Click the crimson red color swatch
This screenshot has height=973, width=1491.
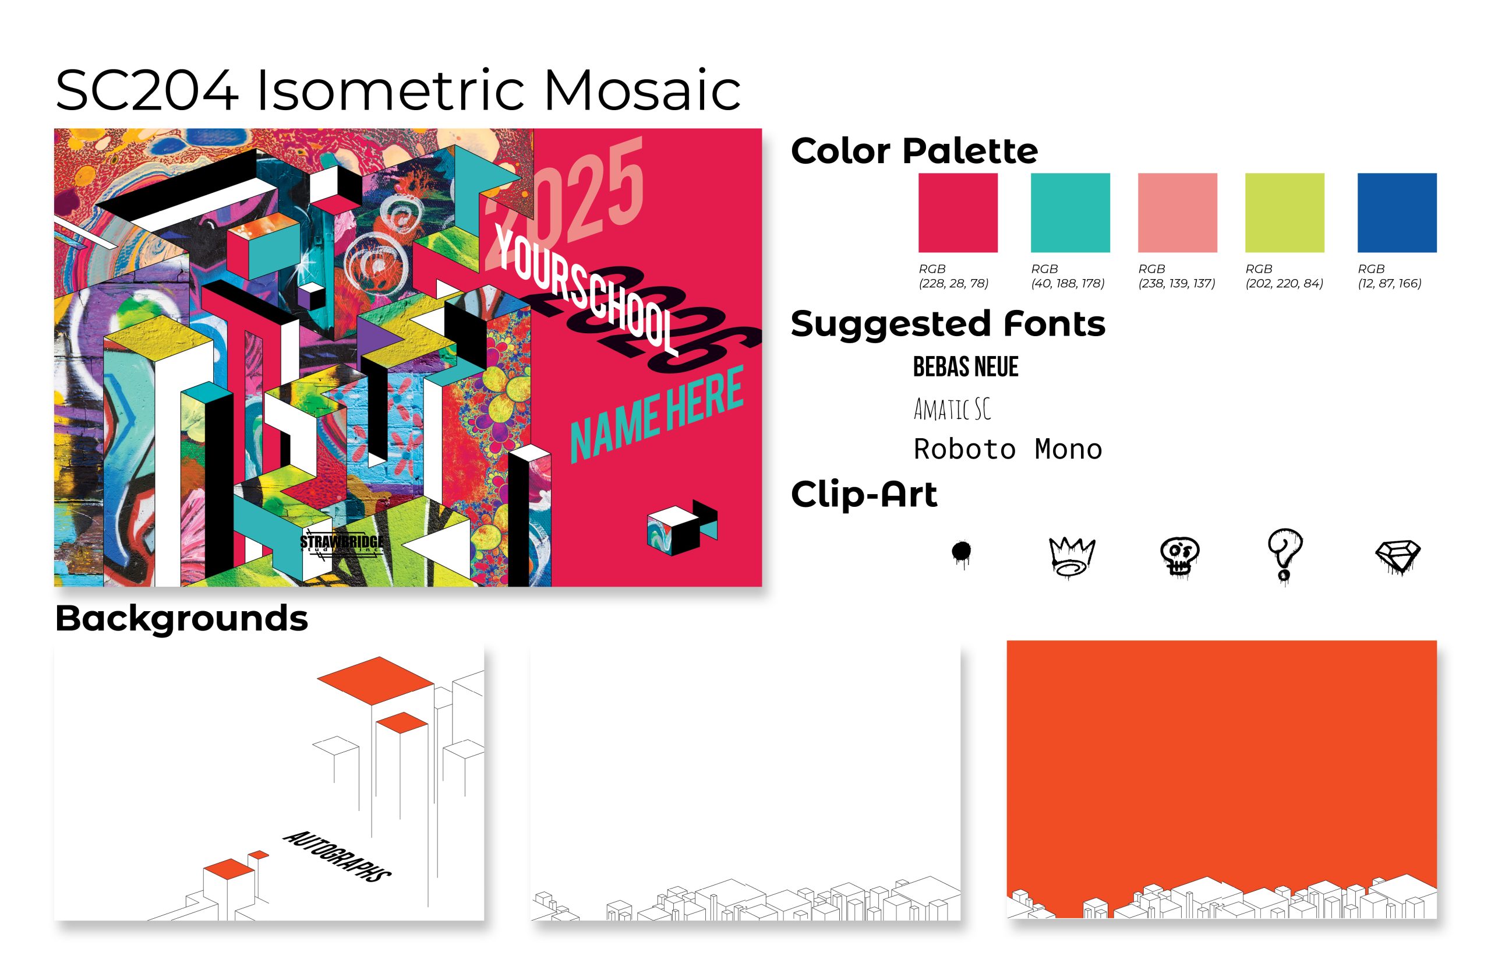coord(958,213)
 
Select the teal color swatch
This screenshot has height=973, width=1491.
coord(1070,213)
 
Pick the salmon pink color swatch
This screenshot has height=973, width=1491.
coord(1177,213)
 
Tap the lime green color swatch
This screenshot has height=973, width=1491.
coord(1284,213)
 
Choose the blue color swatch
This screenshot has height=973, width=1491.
coord(1397,213)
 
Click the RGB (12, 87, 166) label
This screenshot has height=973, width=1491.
coord(1390,276)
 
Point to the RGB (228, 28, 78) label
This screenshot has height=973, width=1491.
coord(953,276)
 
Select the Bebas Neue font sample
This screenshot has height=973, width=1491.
coord(966,366)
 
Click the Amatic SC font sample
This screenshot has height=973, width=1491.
coord(952,409)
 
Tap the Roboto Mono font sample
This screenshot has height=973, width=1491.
coord(1008,449)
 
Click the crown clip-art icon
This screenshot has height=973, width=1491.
coord(1072,556)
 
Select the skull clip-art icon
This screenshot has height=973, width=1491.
coord(1179,556)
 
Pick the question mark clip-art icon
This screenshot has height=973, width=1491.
coord(1285,557)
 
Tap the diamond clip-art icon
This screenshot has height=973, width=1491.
coord(1398,556)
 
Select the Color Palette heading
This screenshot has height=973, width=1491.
coord(914,151)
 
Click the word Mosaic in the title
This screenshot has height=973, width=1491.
coord(642,90)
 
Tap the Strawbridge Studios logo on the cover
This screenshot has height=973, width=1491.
coord(341,542)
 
